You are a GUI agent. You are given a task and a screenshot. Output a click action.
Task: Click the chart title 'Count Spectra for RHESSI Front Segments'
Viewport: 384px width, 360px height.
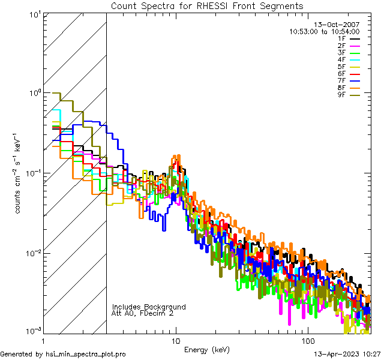click(x=207, y=5)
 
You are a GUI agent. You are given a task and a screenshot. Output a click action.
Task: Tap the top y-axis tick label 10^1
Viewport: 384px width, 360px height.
click(x=34, y=14)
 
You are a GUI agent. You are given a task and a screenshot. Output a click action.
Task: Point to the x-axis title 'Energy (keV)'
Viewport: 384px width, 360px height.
click(x=206, y=349)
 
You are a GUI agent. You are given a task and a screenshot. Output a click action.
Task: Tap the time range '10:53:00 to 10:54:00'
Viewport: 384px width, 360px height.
click(x=324, y=31)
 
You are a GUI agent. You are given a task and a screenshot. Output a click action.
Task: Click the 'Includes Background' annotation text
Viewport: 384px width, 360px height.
click(x=148, y=307)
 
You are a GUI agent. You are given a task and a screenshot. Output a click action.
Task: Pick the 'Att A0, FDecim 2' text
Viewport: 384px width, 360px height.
click(x=143, y=313)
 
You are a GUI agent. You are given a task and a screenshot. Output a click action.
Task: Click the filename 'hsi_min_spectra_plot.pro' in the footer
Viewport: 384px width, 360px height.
click(x=86, y=354)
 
